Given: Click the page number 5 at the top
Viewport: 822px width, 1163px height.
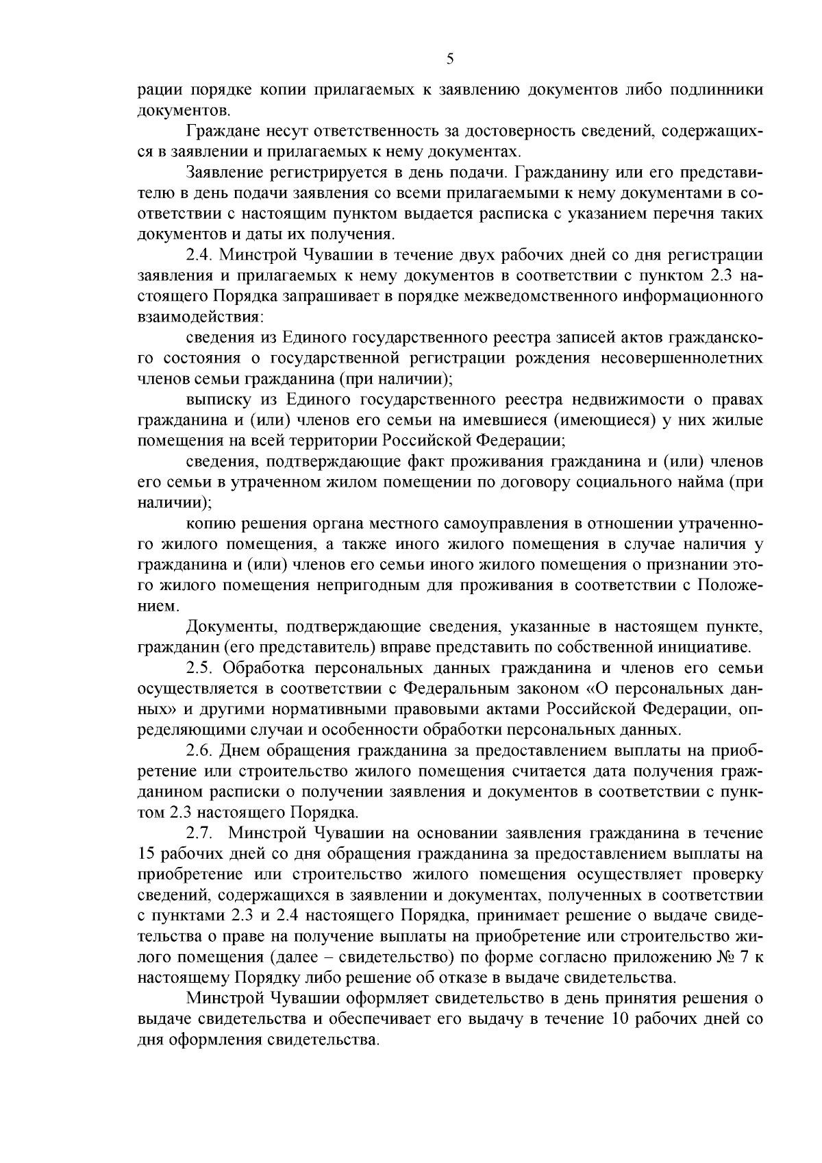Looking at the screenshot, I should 450,58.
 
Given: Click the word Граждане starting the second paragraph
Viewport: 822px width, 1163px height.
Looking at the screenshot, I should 218,131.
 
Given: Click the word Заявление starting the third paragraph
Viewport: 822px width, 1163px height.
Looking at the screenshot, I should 223,172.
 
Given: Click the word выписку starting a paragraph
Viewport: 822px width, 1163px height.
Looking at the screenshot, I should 214,400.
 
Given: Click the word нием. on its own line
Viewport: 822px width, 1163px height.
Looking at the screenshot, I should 158,607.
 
